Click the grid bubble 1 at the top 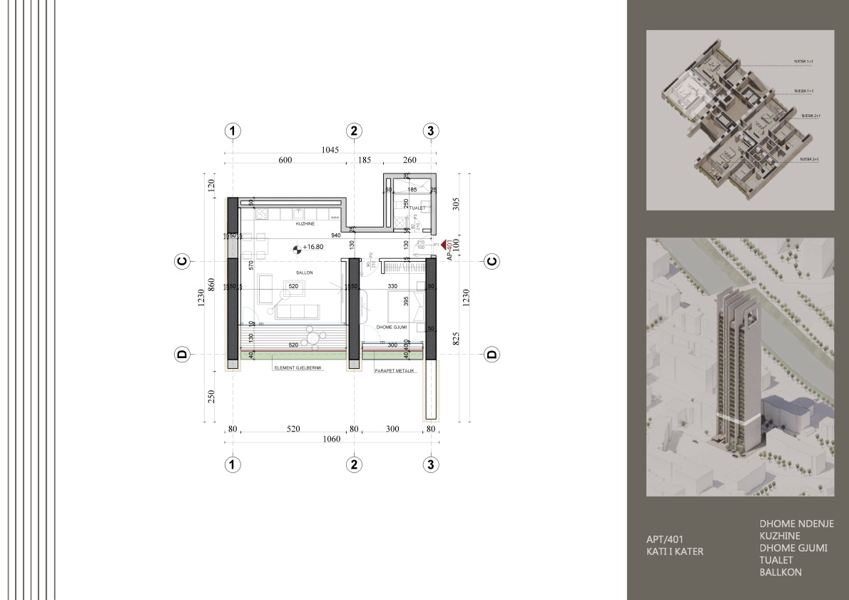pos(232,131)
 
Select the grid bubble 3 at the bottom pos(430,464)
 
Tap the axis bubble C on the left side pos(183,262)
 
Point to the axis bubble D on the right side pos(492,354)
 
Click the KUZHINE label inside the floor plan pos(305,224)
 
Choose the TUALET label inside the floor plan pos(417,208)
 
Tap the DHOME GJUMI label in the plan pos(391,327)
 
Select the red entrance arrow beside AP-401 pos(443,244)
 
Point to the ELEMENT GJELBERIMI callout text pos(298,368)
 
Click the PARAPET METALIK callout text pos(395,370)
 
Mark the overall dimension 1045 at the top pos(330,149)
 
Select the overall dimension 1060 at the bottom pos(330,440)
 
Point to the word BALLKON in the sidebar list pos(781,572)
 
